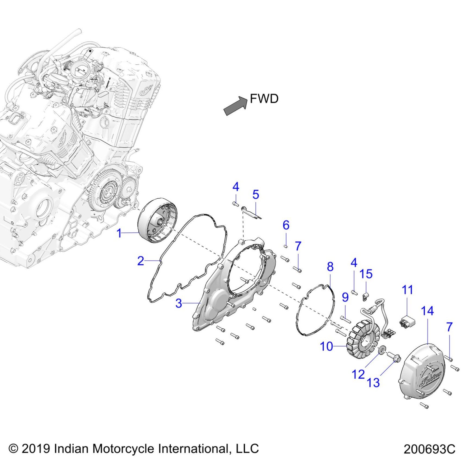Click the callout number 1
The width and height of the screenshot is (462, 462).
tap(119, 233)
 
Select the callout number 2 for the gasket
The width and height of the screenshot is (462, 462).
tap(141, 261)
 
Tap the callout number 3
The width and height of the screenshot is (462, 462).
tap(179, 303)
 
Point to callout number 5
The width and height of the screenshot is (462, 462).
tap(256, 195)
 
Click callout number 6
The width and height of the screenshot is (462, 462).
tap(286, 225)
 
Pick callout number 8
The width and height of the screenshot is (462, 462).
tap(330, 267)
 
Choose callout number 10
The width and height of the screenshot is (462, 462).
tap(326, 347)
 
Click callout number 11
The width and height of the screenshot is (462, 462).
tap(407, 290)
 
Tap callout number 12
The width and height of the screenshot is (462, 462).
tap(358, 374)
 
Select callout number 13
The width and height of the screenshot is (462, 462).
tap(373, 383)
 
